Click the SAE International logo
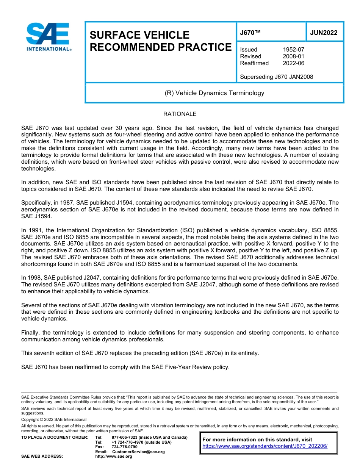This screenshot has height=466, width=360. tap(49, 37)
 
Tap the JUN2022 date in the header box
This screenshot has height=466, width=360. tap(324, 33)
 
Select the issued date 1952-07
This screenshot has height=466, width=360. tap(293, 50)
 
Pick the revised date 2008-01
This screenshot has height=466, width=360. tap(293, 56)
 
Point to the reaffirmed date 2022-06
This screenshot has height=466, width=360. tap(293, 63)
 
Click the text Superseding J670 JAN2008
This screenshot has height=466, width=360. tap(277, 77)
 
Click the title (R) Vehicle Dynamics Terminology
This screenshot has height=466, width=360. tap(214, 93)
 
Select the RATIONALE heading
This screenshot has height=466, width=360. tap(180, 114)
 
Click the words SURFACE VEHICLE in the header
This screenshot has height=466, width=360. tap(139, 35)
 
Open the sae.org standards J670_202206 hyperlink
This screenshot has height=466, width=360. tap(265, 446)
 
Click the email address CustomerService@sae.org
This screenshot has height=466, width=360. tap(138, 452)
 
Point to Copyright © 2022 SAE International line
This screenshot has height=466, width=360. tap(54, 419)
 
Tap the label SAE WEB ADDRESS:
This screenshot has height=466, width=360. tap(42, 457)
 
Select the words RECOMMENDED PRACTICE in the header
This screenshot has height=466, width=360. tap(160, 47)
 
